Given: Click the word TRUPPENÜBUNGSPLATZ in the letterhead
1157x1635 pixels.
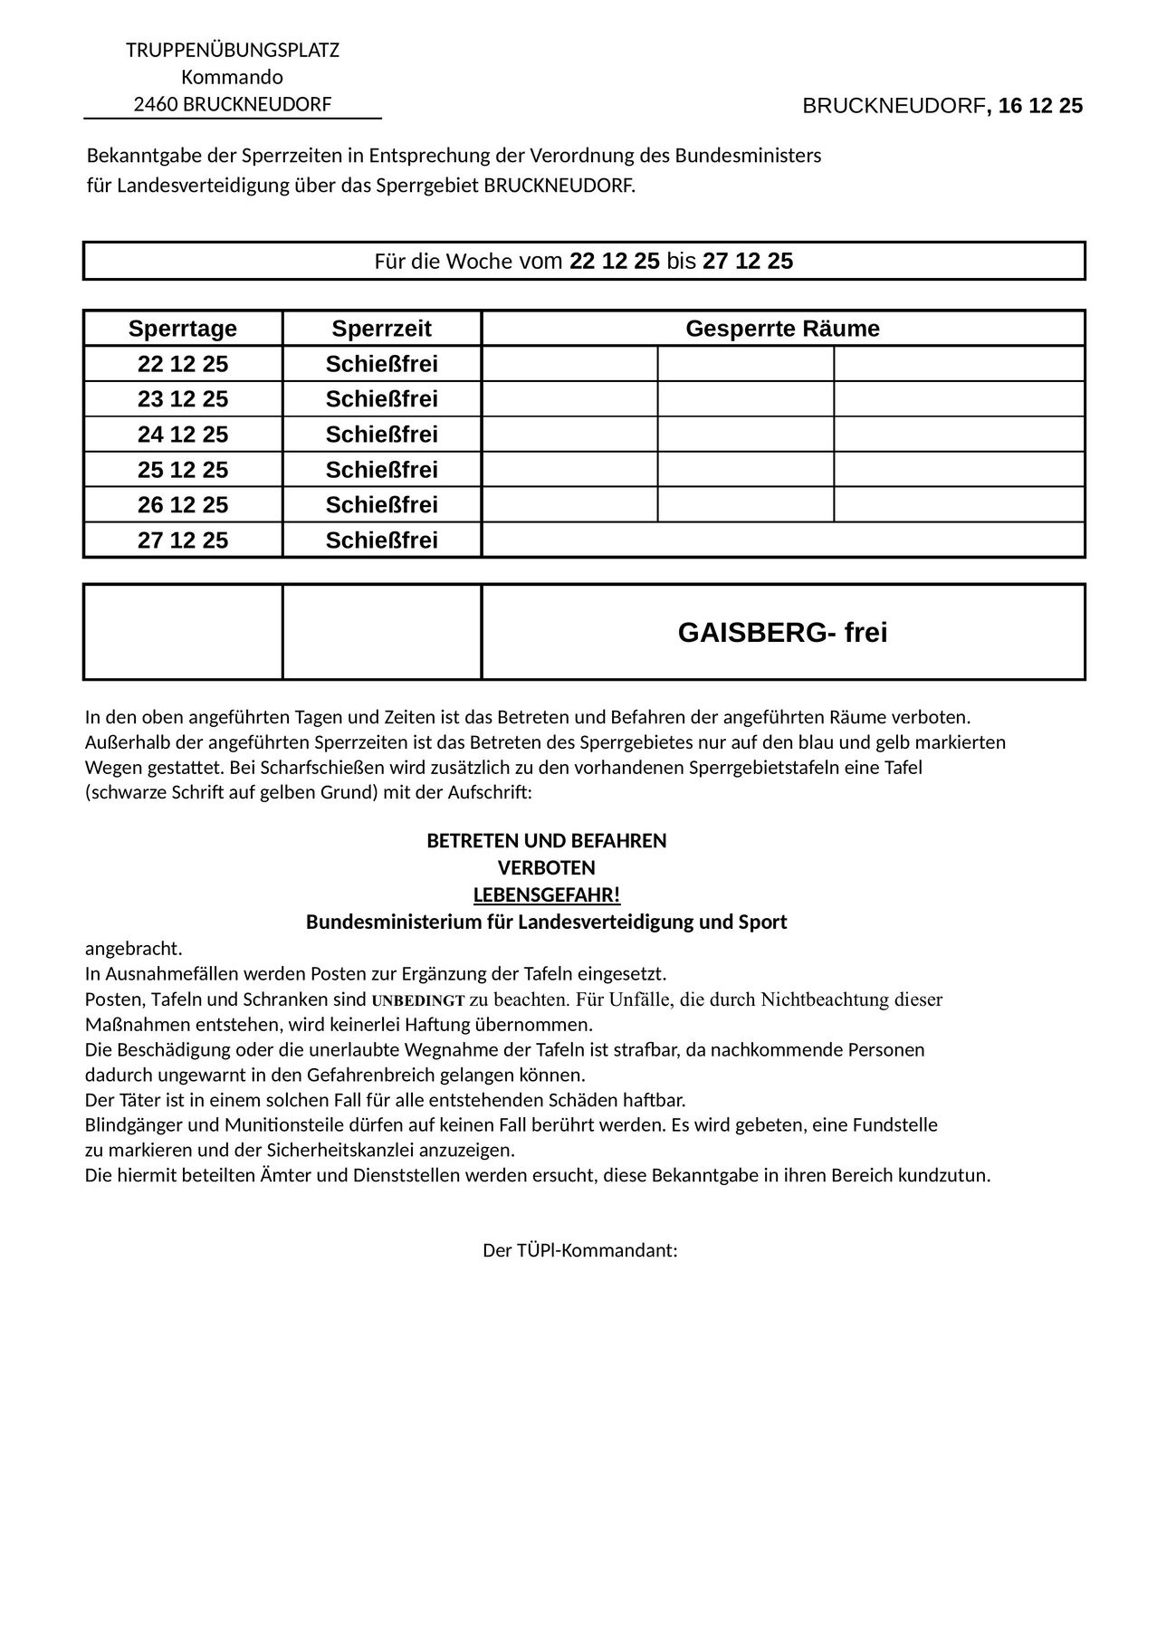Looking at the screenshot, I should coord(233,50).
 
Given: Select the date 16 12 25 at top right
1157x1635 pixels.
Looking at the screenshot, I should coord(1041,106).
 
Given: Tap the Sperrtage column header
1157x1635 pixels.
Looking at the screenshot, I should coord(183,329).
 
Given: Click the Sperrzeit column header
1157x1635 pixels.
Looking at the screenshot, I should coord(381,329).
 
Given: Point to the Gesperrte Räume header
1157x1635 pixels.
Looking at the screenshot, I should coord(782,329).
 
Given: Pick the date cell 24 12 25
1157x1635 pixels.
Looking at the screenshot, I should coord(183,435).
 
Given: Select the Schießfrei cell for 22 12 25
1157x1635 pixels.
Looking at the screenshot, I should coord(381,364).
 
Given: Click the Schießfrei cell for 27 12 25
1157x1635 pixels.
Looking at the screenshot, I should coord(381,540).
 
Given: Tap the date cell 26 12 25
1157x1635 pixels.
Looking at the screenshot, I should coord(183,505).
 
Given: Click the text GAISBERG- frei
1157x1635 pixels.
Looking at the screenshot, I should coord(782,633).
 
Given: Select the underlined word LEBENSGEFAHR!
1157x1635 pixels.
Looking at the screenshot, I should coord(547,895).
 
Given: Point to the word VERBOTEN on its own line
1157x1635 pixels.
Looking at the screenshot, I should coord(547,868).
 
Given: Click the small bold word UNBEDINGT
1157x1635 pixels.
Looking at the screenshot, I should coord(418,1001).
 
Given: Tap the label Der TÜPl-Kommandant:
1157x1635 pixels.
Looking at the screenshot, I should coord(580,1251).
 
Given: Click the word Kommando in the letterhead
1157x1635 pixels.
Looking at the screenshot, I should coord(233,77).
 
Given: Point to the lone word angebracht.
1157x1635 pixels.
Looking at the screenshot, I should coord(133,949).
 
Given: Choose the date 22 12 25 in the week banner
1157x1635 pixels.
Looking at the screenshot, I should coord(615,262).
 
